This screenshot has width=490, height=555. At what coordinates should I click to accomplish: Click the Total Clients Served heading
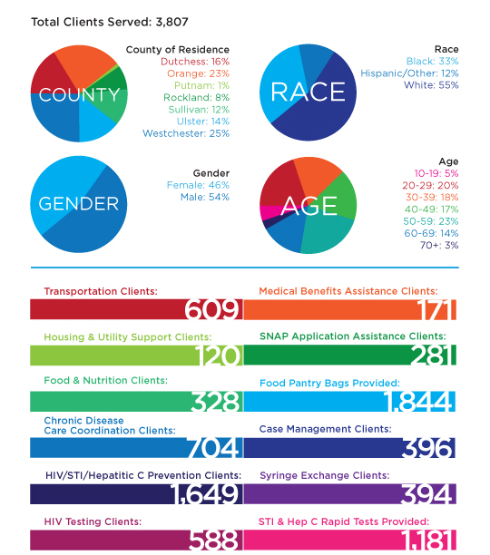[x=110, y=22]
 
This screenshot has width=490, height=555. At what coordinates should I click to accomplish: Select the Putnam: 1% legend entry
[x=201, y=85]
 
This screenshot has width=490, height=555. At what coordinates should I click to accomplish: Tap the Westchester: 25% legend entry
[x=186, y=133]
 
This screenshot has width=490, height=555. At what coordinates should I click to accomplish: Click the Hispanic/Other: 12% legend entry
[x=409, y=73]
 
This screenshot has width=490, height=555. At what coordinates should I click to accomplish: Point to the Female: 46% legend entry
[x=198, y=185]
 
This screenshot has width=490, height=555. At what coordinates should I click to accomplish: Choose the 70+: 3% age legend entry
[x=439, y=245]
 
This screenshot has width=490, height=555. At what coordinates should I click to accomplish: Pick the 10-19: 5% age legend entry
[x=436, y=173]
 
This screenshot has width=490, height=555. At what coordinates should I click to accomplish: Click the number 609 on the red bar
[x=211, y=310]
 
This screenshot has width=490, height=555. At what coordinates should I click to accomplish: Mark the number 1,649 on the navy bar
[x=205, y=493]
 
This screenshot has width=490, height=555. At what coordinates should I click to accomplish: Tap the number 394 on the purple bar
[x=427, y=493]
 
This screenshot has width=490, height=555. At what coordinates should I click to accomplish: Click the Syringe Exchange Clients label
[x=325, y=475]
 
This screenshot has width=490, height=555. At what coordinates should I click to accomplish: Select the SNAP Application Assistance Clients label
[x=353, y=336]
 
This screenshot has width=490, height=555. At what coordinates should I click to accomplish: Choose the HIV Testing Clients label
[x=93, y=521]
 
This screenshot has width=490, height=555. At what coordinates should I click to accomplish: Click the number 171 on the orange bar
[x=436, y=310]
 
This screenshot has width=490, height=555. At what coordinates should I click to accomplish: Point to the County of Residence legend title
[x=178, y=50]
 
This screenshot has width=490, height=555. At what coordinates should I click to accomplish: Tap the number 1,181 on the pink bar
[x=428, y=540]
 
